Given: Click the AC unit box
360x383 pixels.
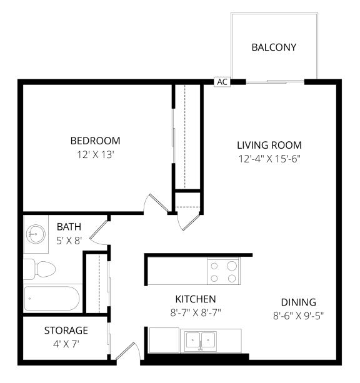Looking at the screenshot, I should [x=222, y=82].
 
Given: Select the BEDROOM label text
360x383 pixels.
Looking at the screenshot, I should [x=95, y=141].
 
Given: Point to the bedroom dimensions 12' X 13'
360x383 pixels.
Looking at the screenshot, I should [x=95, y=154].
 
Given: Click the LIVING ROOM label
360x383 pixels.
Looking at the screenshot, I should [x=269, y=145].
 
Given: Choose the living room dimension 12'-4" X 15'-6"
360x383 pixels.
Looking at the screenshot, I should [x=269, y=158].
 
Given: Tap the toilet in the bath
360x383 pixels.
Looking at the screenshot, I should [x=39, y=269].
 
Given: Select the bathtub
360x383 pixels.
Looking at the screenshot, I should [x=51, y=298].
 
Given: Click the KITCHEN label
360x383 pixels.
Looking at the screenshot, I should [x=196, y=299].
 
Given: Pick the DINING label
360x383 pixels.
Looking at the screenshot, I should [x=299, y=302].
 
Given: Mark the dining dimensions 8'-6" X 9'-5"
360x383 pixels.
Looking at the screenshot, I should [x=299, y=316].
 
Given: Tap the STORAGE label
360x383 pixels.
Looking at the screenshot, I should [x=66, y=330].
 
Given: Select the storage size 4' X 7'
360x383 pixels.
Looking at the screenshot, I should [x=66, y=343].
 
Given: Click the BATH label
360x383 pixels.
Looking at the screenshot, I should [x=69, y=226].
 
